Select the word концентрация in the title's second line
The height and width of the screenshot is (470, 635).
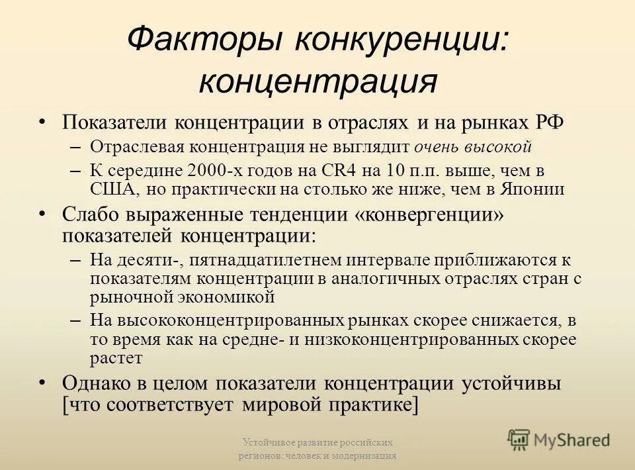317,81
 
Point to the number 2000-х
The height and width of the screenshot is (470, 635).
217,170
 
